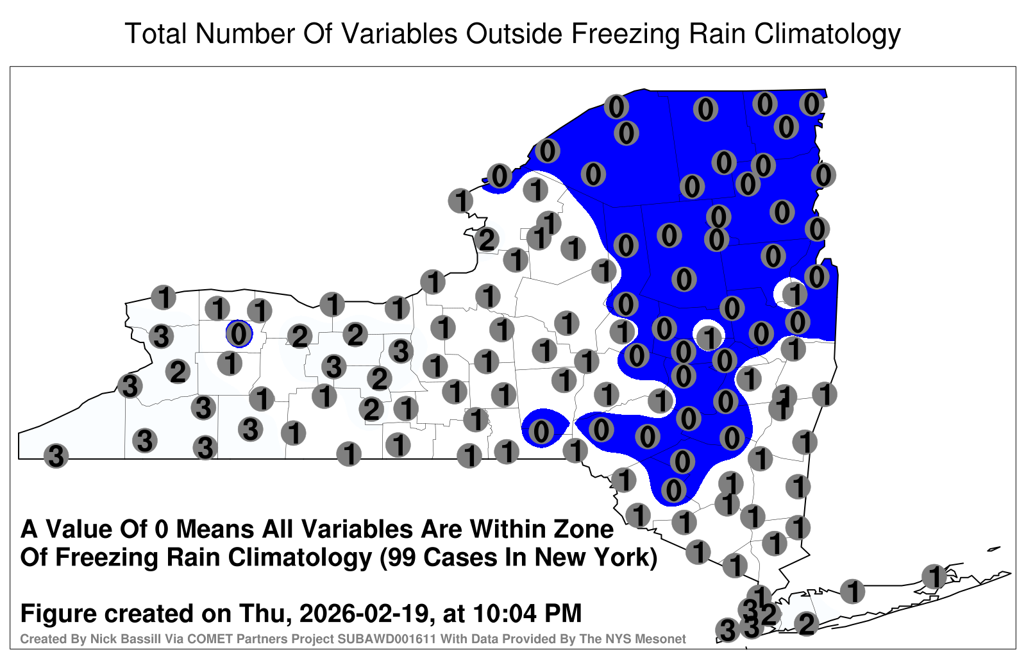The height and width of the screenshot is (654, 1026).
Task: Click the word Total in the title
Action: pyautogui.click(x=156, y=33)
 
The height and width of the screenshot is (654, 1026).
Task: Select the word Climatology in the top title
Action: pyautogui.click(x=827, y=35)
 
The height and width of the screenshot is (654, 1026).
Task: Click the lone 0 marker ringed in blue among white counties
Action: pyautogui.click(x=239, y=334)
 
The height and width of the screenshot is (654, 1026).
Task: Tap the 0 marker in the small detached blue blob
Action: pyautogui.click(x=541, y=431)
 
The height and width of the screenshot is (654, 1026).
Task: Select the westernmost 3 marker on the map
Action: pyautogui.click(x=56, y=456)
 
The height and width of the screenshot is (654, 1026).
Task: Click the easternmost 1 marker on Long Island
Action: pyautogui.click(x=934, y=576)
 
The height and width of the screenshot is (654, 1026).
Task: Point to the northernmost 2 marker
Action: pyautogui.click(x=487, y=240)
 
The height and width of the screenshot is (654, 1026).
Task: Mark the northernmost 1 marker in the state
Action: pyautogui.click(x=535, y=189)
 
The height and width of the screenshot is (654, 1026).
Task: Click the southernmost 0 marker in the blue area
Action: pyautogui.click(x=673, y=490)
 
